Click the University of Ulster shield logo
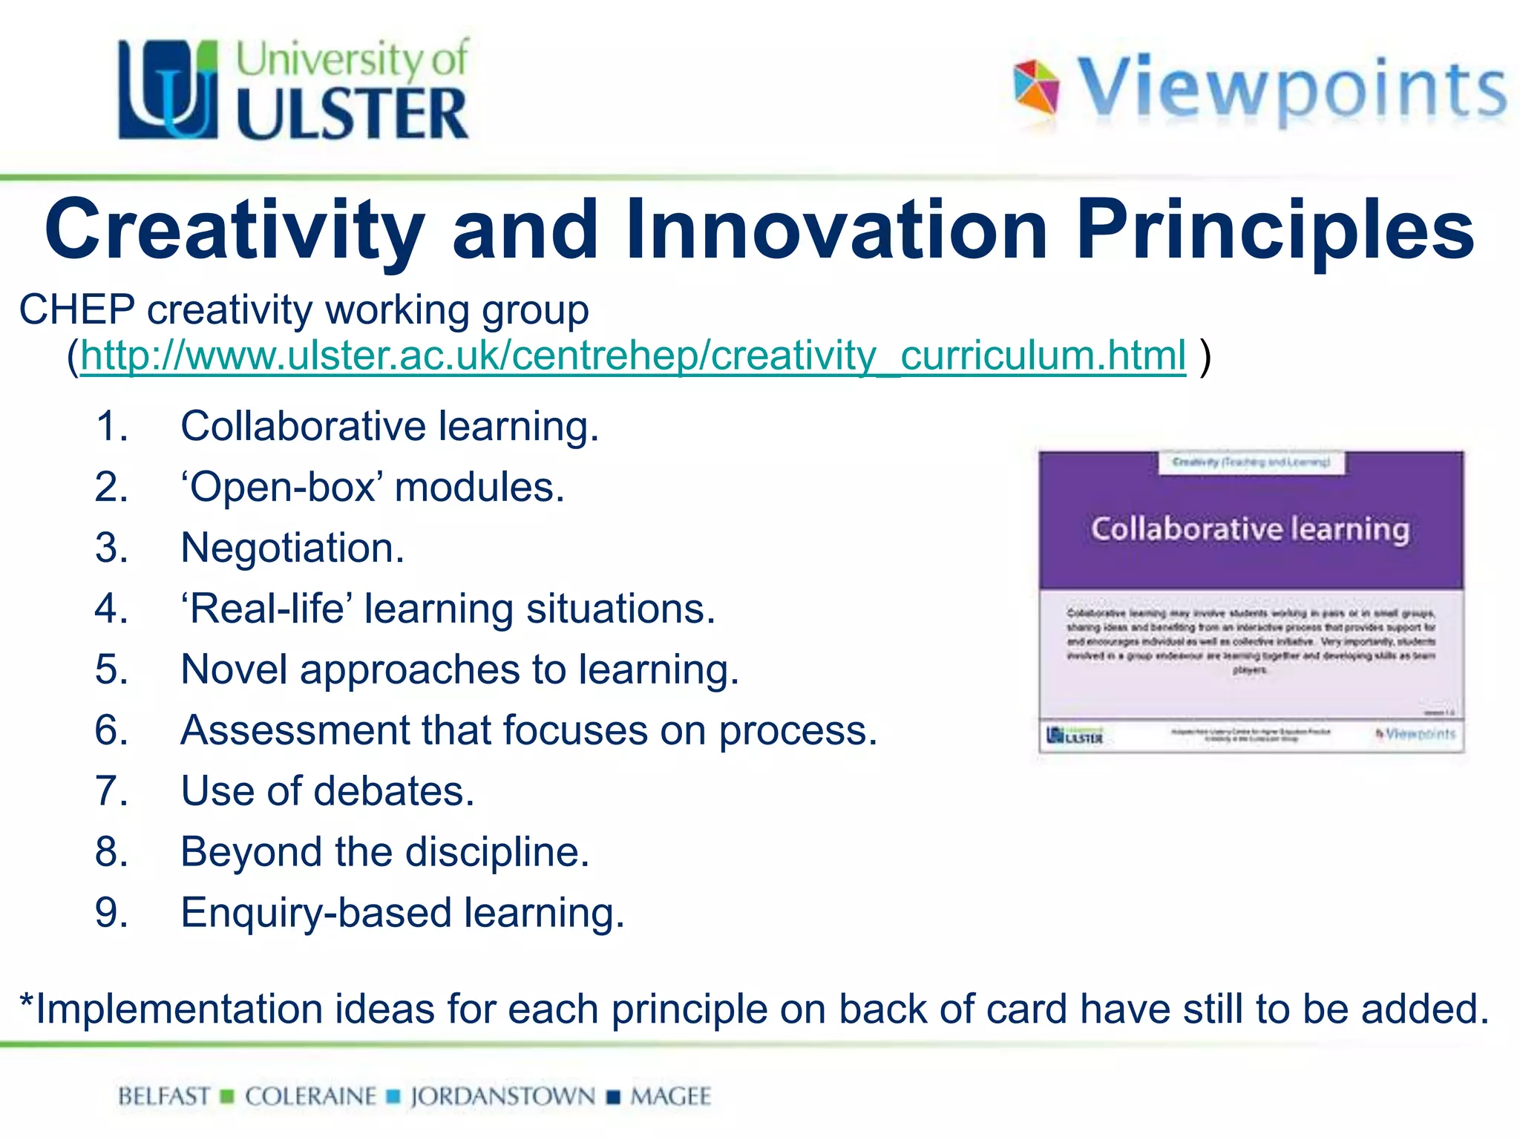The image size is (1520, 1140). click(x=168, y=89)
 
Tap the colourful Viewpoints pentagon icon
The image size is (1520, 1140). click(x=1036, y=88)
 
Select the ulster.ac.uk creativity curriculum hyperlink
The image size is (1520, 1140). click(x=633, y=356)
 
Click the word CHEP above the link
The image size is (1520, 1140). click(x=76, y=309)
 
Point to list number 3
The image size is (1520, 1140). click(x=111, y=548)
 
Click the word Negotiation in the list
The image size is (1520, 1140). click(x=292, y=548)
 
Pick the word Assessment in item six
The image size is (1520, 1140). click(x=295, y=730)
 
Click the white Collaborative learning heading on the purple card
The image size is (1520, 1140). click(x=1250, y=529)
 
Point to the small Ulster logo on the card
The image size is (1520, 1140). click(x=1074, y=735)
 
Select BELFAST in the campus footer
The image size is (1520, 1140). click(x=164, y=1096)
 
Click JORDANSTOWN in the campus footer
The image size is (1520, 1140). click(x=502, y=1096)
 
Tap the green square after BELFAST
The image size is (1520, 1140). click(x=228, y=1097)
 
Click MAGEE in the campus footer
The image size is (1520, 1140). click(x=670, y=1096)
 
